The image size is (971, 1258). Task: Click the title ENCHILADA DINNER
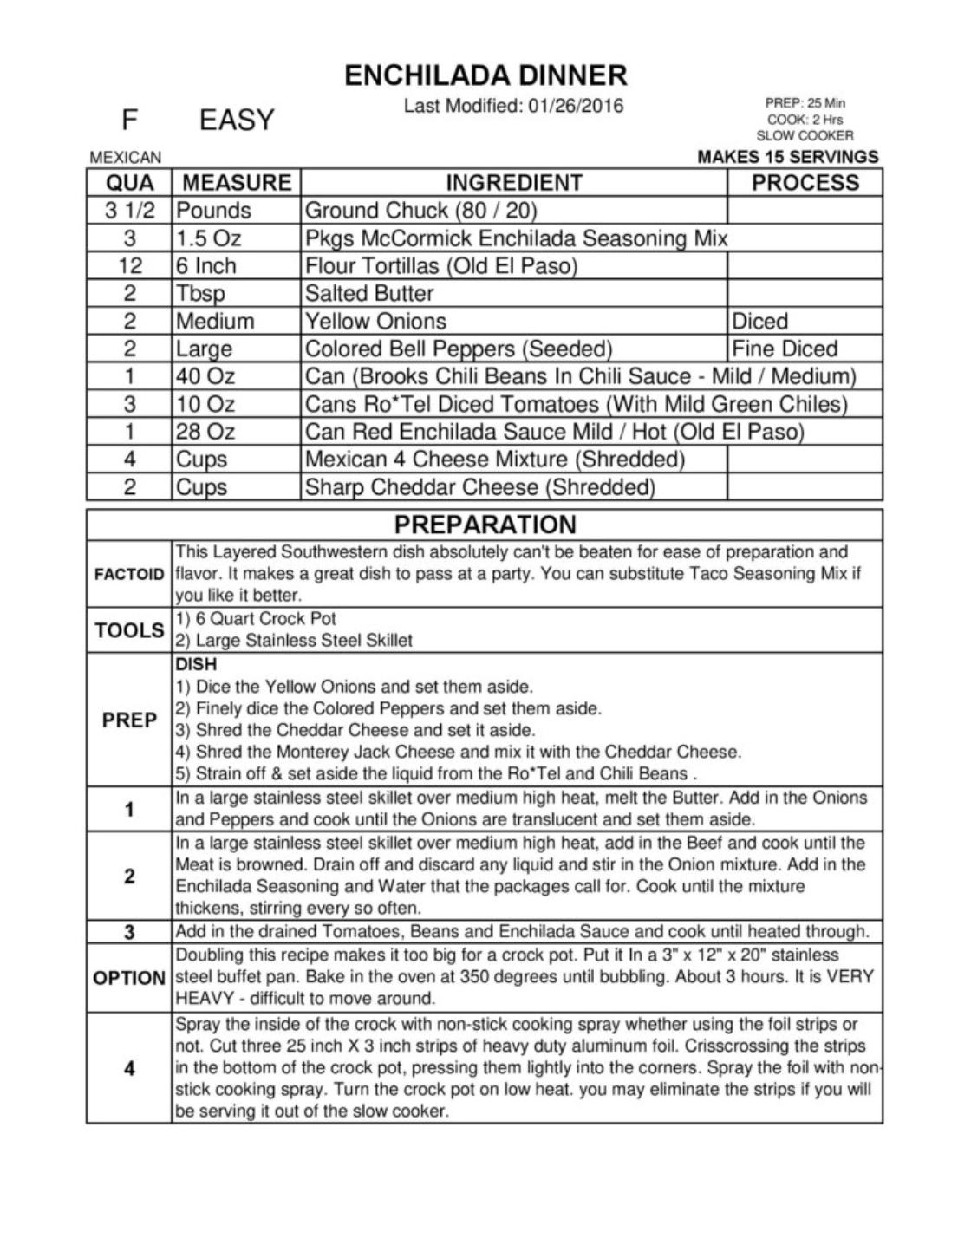[485, 75]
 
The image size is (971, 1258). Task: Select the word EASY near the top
[236, 120]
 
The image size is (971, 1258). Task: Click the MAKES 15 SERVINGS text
[787, 157]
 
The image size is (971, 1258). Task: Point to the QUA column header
[129, 183]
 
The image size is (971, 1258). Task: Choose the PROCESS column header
[805, 183]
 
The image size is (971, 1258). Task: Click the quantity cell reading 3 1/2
[129, 211]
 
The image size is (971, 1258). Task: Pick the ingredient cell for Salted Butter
[369, 293]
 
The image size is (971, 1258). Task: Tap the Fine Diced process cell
[785, 349]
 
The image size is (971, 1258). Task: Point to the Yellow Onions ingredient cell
[375, 321]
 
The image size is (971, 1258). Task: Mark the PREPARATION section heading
[485, 525]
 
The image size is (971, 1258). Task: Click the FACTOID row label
[129, 574]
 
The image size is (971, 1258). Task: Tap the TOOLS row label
[129, 630]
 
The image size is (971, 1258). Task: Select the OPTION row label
[129, 977]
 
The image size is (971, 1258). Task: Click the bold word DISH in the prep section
[196, 665]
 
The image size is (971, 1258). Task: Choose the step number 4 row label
[129, 1068]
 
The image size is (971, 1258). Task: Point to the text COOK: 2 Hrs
[805, 120]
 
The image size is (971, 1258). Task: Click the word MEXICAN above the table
[126, 158]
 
